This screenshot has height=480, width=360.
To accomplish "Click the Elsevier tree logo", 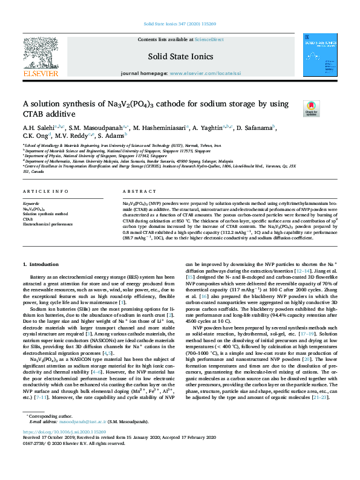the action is [40, 56].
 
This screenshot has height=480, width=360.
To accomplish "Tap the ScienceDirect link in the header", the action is [209, 39].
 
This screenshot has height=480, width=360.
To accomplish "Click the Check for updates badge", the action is [328, 108].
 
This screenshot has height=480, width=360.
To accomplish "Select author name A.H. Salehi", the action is [38, 128].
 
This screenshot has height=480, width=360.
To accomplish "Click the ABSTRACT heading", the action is [135, 191].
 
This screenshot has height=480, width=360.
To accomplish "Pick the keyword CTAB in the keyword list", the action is [28, 219].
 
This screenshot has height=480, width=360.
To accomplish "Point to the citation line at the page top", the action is [179, 23].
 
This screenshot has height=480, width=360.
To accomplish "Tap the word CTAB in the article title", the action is [36, 114].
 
